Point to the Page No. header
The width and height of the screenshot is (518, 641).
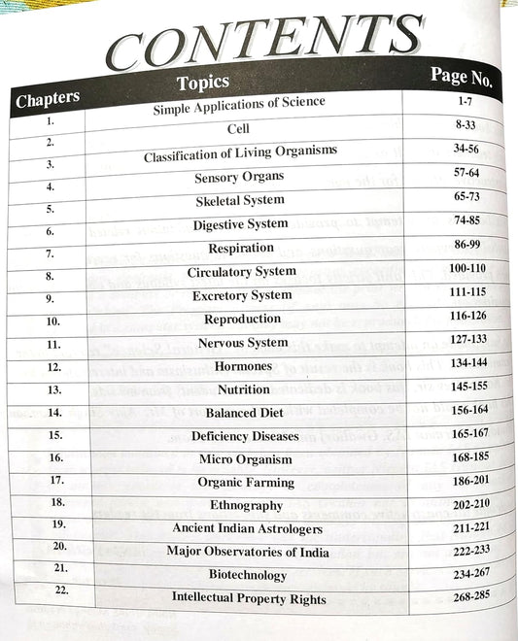coord(461,75)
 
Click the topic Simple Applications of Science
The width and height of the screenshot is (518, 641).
coord(238,105)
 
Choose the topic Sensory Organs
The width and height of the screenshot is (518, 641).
coord(239,178)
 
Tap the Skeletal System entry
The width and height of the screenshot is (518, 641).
coord(240,201)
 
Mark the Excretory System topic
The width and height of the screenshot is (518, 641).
coord(241,295)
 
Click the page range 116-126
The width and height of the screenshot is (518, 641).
coord(455,318)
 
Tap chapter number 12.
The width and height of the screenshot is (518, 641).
coord(53,368)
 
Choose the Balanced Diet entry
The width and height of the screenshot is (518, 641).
coord(243,413)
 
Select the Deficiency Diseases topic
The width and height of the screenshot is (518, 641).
coord(242,436)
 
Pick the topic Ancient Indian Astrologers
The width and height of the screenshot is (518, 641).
coord(243,528)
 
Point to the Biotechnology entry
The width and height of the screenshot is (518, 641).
coord(247,575)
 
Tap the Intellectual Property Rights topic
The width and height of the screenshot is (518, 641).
coord(249,599)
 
